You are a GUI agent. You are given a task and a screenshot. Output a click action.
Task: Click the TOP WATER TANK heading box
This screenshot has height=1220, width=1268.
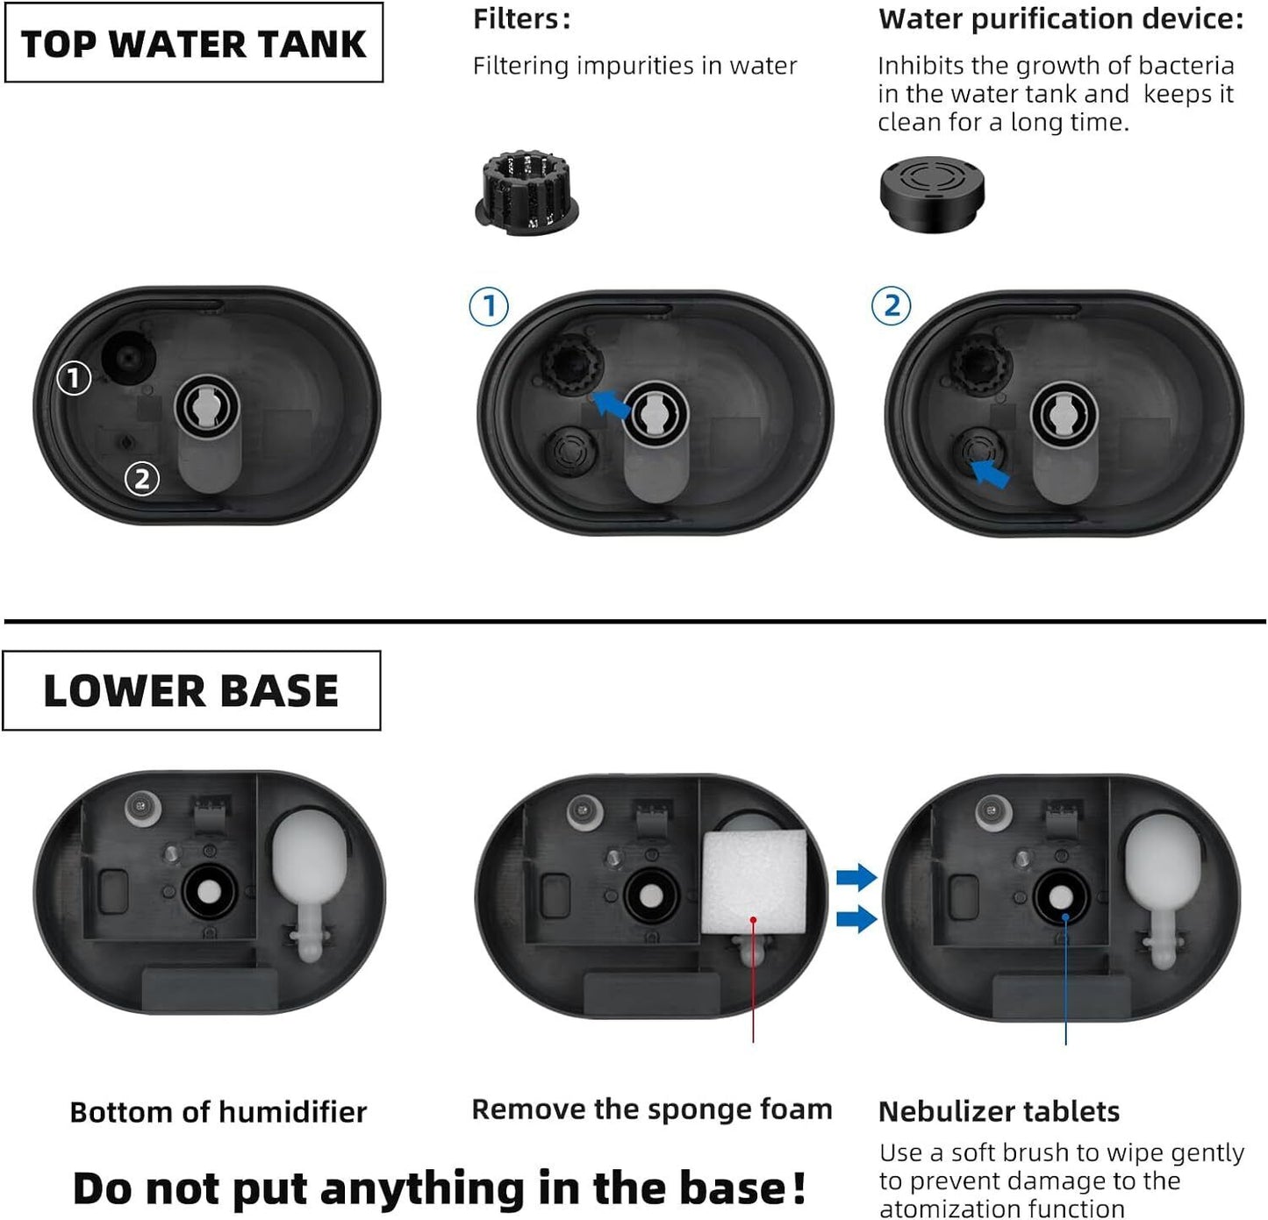click(193, 43)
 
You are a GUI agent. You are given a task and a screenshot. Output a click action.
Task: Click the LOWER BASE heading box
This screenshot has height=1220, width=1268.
click(191, 690)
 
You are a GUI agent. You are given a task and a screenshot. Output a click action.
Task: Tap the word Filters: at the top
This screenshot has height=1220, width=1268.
click(521, 19)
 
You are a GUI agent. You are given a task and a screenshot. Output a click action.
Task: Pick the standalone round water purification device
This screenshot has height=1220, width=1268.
click(932, 193)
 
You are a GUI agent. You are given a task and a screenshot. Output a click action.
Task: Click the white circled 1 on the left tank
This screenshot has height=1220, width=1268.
click(74, 378)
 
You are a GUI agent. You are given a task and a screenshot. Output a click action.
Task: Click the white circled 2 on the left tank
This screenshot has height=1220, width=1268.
click(142, 479)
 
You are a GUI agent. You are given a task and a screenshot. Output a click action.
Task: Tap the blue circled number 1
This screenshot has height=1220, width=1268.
click(489, 307)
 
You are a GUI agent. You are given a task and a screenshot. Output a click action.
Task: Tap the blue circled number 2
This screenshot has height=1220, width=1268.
click(891, 306)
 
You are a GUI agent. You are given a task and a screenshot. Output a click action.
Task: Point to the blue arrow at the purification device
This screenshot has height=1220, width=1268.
click(992, 474)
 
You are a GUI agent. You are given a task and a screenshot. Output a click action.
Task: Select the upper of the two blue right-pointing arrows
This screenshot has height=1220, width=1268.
click(856, 876)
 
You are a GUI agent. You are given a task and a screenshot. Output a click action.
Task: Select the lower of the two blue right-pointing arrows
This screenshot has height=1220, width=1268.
click(856, 918)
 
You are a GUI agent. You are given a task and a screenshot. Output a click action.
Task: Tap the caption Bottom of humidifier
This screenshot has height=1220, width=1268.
click(218, 1112)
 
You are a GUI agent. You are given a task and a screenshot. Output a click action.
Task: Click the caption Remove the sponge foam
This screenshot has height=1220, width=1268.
click(651, 1109)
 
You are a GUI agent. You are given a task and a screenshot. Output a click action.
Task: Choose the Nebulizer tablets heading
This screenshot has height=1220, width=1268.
click(999, 1111)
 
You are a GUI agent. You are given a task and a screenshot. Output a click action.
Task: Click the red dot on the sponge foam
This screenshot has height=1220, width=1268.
click(753, 920)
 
